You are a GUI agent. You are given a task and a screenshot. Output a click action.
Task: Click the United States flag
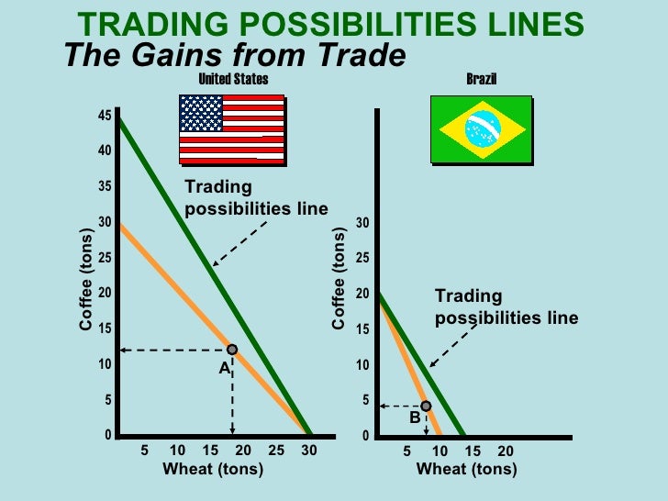tap(231, 128)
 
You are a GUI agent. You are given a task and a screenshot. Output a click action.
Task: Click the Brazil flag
tap(481, 130)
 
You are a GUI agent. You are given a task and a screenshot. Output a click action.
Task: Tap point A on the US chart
tap(232, 350)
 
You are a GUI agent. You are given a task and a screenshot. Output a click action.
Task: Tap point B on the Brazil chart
tap(426, 406)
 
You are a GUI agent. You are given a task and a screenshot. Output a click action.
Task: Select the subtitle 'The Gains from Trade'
tap(235, 56)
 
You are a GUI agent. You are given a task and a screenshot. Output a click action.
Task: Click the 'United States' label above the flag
tap(234, 79)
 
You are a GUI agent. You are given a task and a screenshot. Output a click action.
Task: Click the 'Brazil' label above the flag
tap(481, 79)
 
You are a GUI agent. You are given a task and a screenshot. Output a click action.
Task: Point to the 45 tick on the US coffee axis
tap(106, 116)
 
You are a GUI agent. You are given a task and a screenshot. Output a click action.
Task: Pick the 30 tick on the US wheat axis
tap(309, 451)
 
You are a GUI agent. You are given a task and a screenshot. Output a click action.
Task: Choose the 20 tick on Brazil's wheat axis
tap(506, 451)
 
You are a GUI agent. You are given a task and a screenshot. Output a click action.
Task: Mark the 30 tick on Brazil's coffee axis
tap(364, 224)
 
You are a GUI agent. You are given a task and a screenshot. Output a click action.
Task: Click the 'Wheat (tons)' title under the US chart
tap(213, 470)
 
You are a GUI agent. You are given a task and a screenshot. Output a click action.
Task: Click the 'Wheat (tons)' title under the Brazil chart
tap(467, 470)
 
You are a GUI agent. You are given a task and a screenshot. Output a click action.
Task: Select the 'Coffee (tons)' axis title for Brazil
tap(339, 280)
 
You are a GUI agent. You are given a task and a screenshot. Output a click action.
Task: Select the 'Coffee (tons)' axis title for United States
tap(85, 280)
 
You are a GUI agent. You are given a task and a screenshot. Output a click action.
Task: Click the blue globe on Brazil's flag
tap(481, 130)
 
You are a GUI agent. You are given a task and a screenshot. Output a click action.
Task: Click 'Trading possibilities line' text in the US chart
tap(255, 197)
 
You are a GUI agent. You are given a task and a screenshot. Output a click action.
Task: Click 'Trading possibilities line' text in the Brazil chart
tap(506, 307)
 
